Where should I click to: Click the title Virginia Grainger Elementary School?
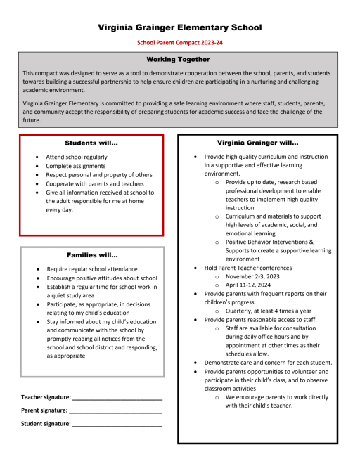click(x=179, y=27)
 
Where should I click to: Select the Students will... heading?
click(x=91, y=143)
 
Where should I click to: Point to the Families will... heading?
click(x=91, y=254)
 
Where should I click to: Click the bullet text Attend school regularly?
click(x=77, y=157)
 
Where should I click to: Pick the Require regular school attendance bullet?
click(x=92, y=269)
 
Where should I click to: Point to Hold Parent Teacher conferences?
click(x=247, y=268)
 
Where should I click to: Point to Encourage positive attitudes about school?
click(x=102, y=278)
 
